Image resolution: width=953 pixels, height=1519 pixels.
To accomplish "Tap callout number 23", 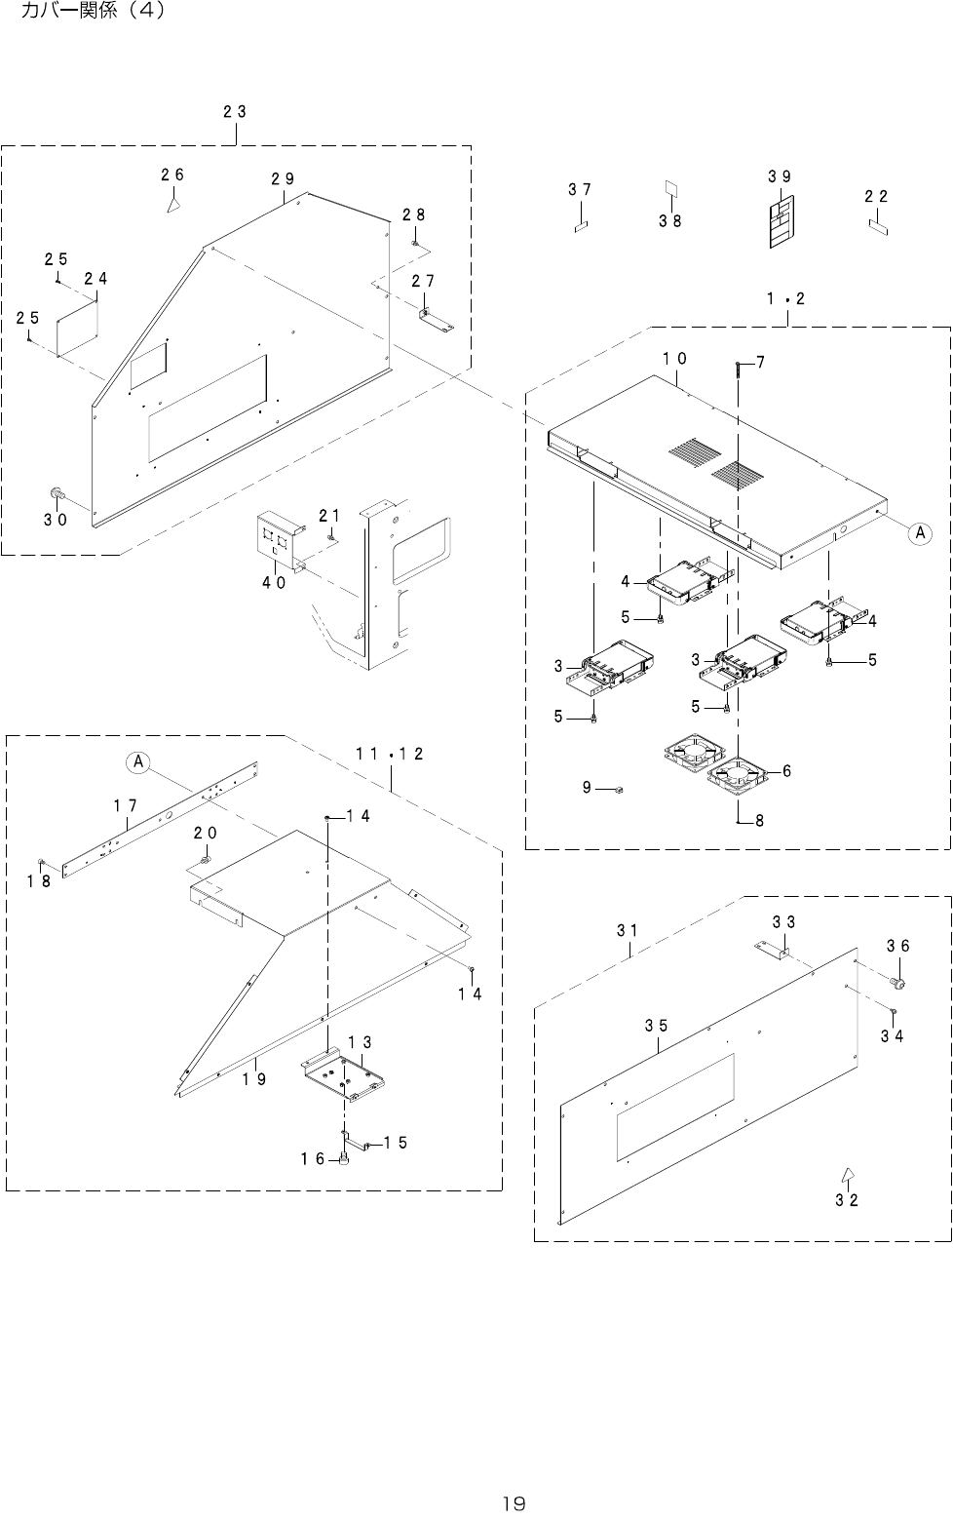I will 234,112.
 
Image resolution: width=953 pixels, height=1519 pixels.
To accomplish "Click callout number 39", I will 779,176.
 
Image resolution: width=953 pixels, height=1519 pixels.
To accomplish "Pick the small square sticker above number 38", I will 670,187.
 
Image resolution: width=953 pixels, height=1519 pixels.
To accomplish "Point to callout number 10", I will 675,359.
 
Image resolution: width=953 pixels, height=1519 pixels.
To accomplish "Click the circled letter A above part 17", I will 139,761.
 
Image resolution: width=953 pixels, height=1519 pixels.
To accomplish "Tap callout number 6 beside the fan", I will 786,771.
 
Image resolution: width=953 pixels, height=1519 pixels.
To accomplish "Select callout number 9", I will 588,787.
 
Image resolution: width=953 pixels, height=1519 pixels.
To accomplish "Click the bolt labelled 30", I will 57,496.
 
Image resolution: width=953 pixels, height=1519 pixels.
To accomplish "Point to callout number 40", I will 273,583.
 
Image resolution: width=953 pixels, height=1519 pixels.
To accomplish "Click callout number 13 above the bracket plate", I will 360,1042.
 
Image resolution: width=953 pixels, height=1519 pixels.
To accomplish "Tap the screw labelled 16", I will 344,1157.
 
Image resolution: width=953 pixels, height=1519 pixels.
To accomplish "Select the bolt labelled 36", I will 897,983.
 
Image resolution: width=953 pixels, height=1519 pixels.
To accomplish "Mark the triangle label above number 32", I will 848,1174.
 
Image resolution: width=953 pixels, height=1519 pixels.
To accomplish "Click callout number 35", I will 656,1026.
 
